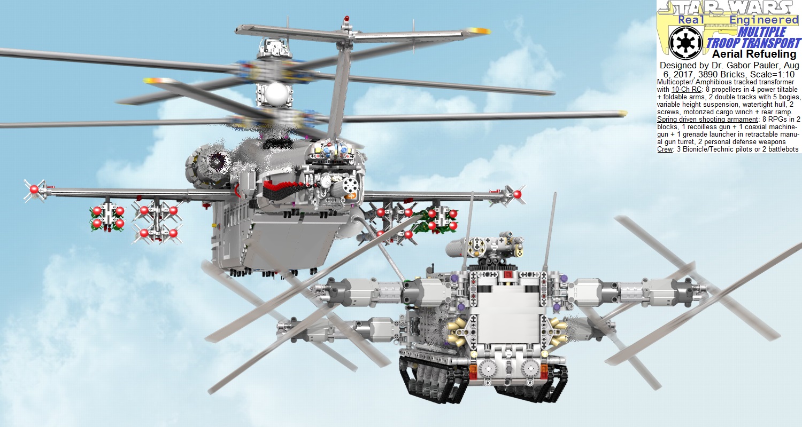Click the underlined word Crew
point(665,149)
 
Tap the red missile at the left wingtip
point(34,189)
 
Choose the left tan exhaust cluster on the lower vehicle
point(461,328)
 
